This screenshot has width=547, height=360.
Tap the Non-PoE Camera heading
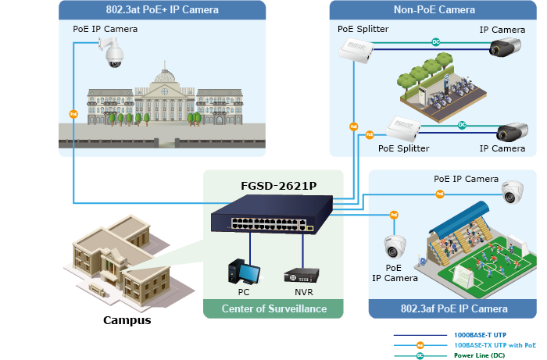434,10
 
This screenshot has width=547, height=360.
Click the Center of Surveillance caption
273,309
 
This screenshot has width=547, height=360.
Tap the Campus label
127,320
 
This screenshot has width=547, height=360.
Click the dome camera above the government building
111,54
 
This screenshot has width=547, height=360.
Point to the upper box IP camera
504,48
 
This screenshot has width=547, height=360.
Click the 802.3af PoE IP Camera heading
453,308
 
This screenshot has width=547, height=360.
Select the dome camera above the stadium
512,191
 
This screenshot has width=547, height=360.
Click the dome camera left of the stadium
394,246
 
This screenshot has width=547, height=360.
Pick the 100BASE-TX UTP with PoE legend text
495,344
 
